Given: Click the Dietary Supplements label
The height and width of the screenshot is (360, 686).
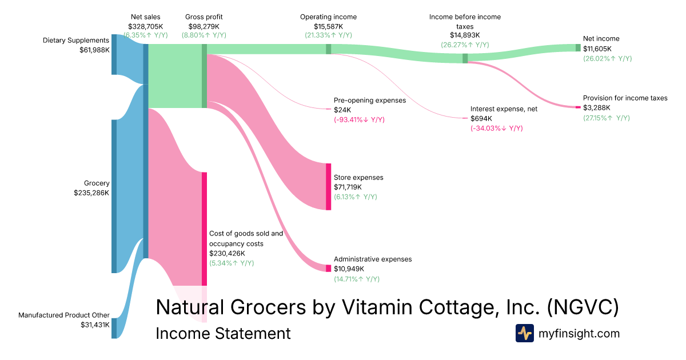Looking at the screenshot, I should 76,41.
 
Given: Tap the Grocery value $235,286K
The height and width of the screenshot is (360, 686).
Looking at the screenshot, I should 91,193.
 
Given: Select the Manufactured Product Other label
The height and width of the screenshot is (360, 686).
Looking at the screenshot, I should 63,315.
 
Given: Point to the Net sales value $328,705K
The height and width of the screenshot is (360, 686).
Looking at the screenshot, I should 145,26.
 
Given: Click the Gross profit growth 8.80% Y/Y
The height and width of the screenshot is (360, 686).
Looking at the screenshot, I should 204,35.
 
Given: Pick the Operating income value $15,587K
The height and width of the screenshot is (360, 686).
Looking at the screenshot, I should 328,26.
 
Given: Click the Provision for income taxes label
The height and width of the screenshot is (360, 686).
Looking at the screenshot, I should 625,98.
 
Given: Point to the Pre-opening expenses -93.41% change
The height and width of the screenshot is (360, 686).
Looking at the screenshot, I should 359,120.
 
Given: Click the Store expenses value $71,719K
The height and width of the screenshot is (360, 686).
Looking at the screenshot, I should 350,187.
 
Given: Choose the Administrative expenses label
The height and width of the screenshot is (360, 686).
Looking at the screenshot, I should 372,259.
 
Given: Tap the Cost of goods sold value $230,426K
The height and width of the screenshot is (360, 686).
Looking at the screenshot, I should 227,253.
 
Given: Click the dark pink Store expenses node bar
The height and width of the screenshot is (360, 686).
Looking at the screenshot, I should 329,187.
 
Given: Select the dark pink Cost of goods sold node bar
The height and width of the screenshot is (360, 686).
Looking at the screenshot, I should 204,229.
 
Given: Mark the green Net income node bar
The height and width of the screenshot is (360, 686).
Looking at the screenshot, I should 578,47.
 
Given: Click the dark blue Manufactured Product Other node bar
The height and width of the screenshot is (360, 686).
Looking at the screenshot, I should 114,328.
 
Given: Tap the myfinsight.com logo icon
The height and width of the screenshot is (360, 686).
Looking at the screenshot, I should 525,333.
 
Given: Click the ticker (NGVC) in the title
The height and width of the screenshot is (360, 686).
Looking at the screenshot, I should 583,307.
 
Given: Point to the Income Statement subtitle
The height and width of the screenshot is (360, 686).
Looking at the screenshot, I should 223,334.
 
